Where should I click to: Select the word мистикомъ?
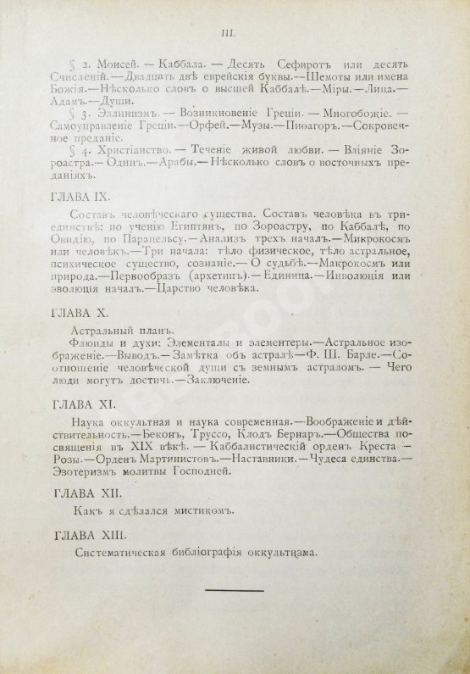click(208, 511)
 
